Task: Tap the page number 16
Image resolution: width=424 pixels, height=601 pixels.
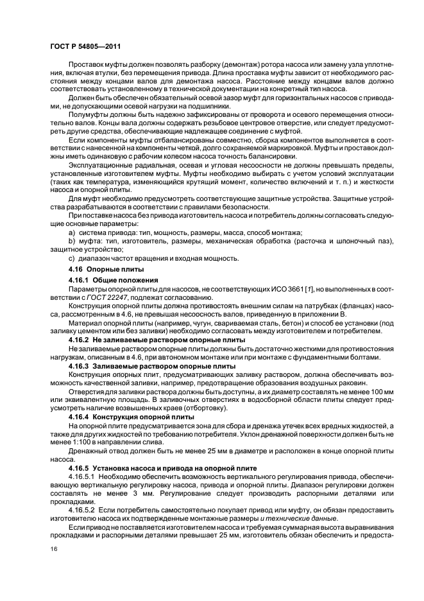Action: point(54,550)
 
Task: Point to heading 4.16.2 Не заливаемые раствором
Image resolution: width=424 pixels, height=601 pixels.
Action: point(157,338)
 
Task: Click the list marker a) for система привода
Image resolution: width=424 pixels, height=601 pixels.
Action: point(71,232)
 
